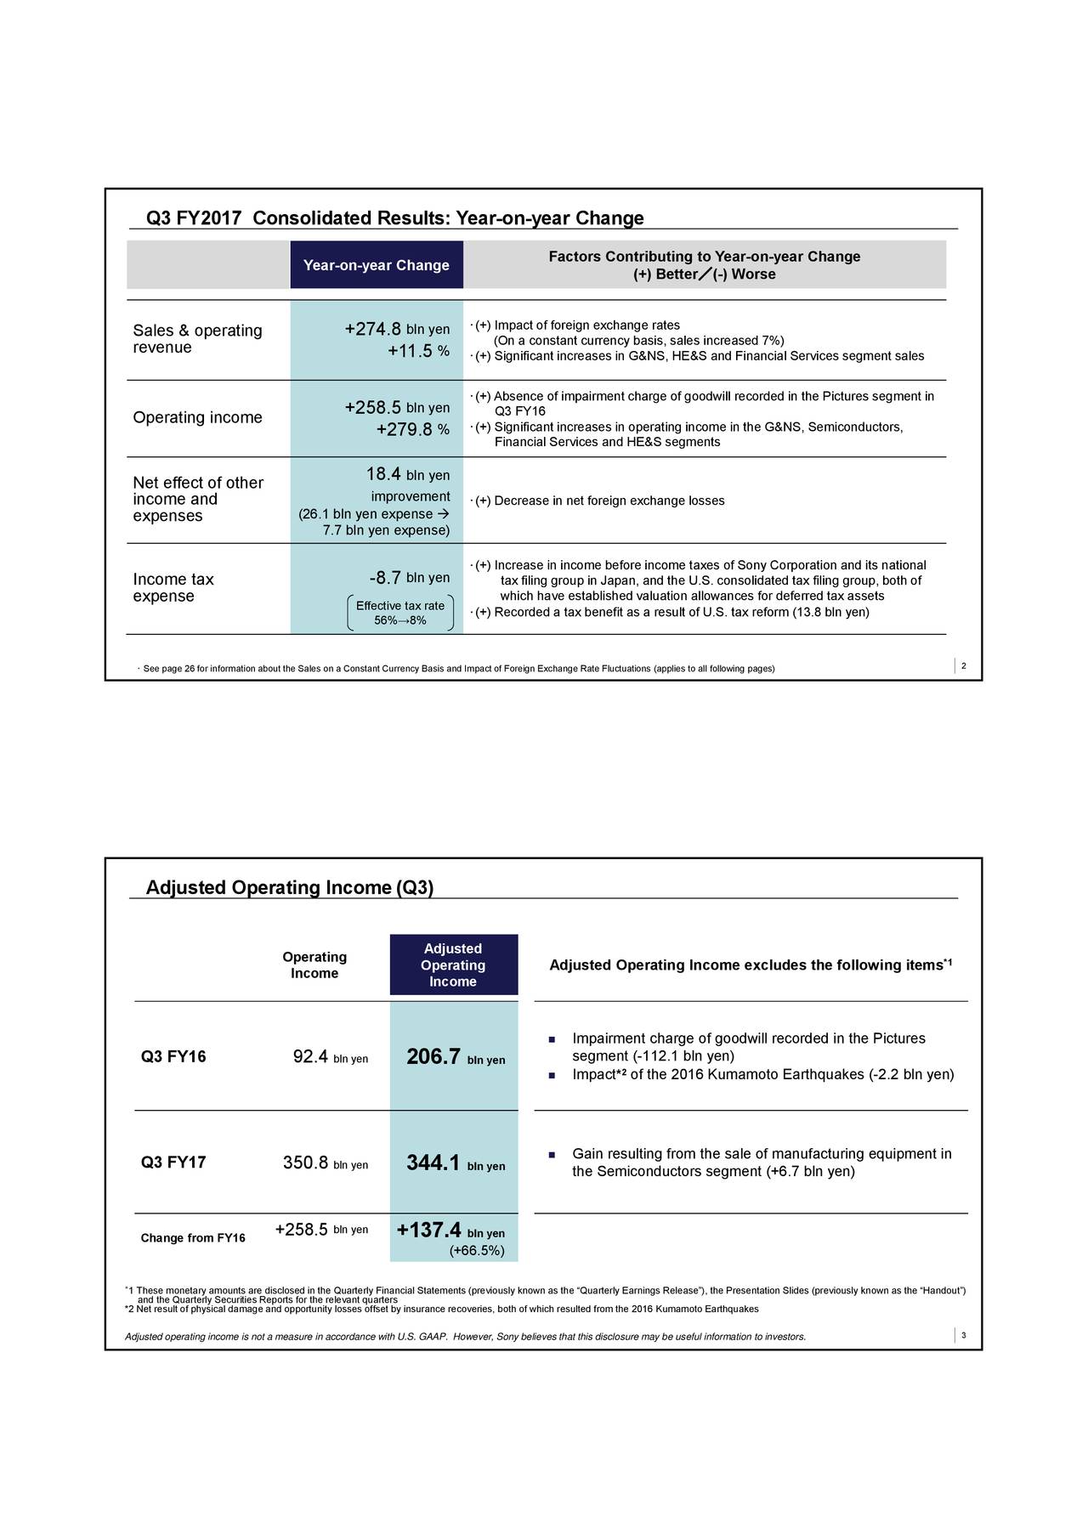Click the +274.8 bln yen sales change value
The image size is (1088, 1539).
point(397,329)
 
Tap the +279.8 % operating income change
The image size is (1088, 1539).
point(412,429)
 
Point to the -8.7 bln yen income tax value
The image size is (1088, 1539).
point(410,579)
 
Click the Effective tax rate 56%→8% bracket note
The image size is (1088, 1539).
point(400,613)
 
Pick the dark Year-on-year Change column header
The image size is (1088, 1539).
point(377,265)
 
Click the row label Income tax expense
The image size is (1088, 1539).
point(173,588)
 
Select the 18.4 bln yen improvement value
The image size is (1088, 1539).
point(407,474)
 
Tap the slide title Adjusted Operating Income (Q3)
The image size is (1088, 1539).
point(290,888)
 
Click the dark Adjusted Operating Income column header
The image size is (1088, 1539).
point(453,965)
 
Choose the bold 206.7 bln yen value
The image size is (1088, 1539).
point(456,1057)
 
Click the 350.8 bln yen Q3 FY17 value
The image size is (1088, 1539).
point(325,1163)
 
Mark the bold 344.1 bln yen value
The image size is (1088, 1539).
point(456,1163)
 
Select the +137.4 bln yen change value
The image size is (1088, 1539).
point(450,1231)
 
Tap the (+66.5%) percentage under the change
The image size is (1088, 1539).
point(476,1251)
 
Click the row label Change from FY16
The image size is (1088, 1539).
point(193,1238)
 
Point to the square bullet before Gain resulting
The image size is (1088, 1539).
point(552,1154)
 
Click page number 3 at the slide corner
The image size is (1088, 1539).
point(964,1336)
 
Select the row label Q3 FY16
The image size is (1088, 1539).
point(173,1057)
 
